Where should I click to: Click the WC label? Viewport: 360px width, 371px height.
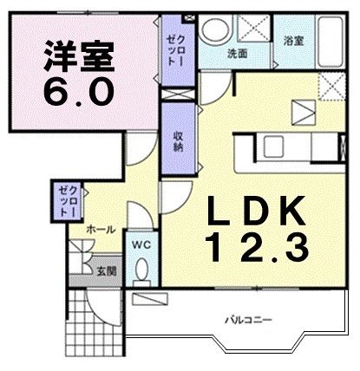tap(141, 245)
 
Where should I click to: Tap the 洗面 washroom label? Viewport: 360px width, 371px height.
tap(237, 53)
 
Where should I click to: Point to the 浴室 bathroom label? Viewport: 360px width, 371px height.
tap(293, 41)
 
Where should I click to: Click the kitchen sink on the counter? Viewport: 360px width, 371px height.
tap(276, 144)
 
